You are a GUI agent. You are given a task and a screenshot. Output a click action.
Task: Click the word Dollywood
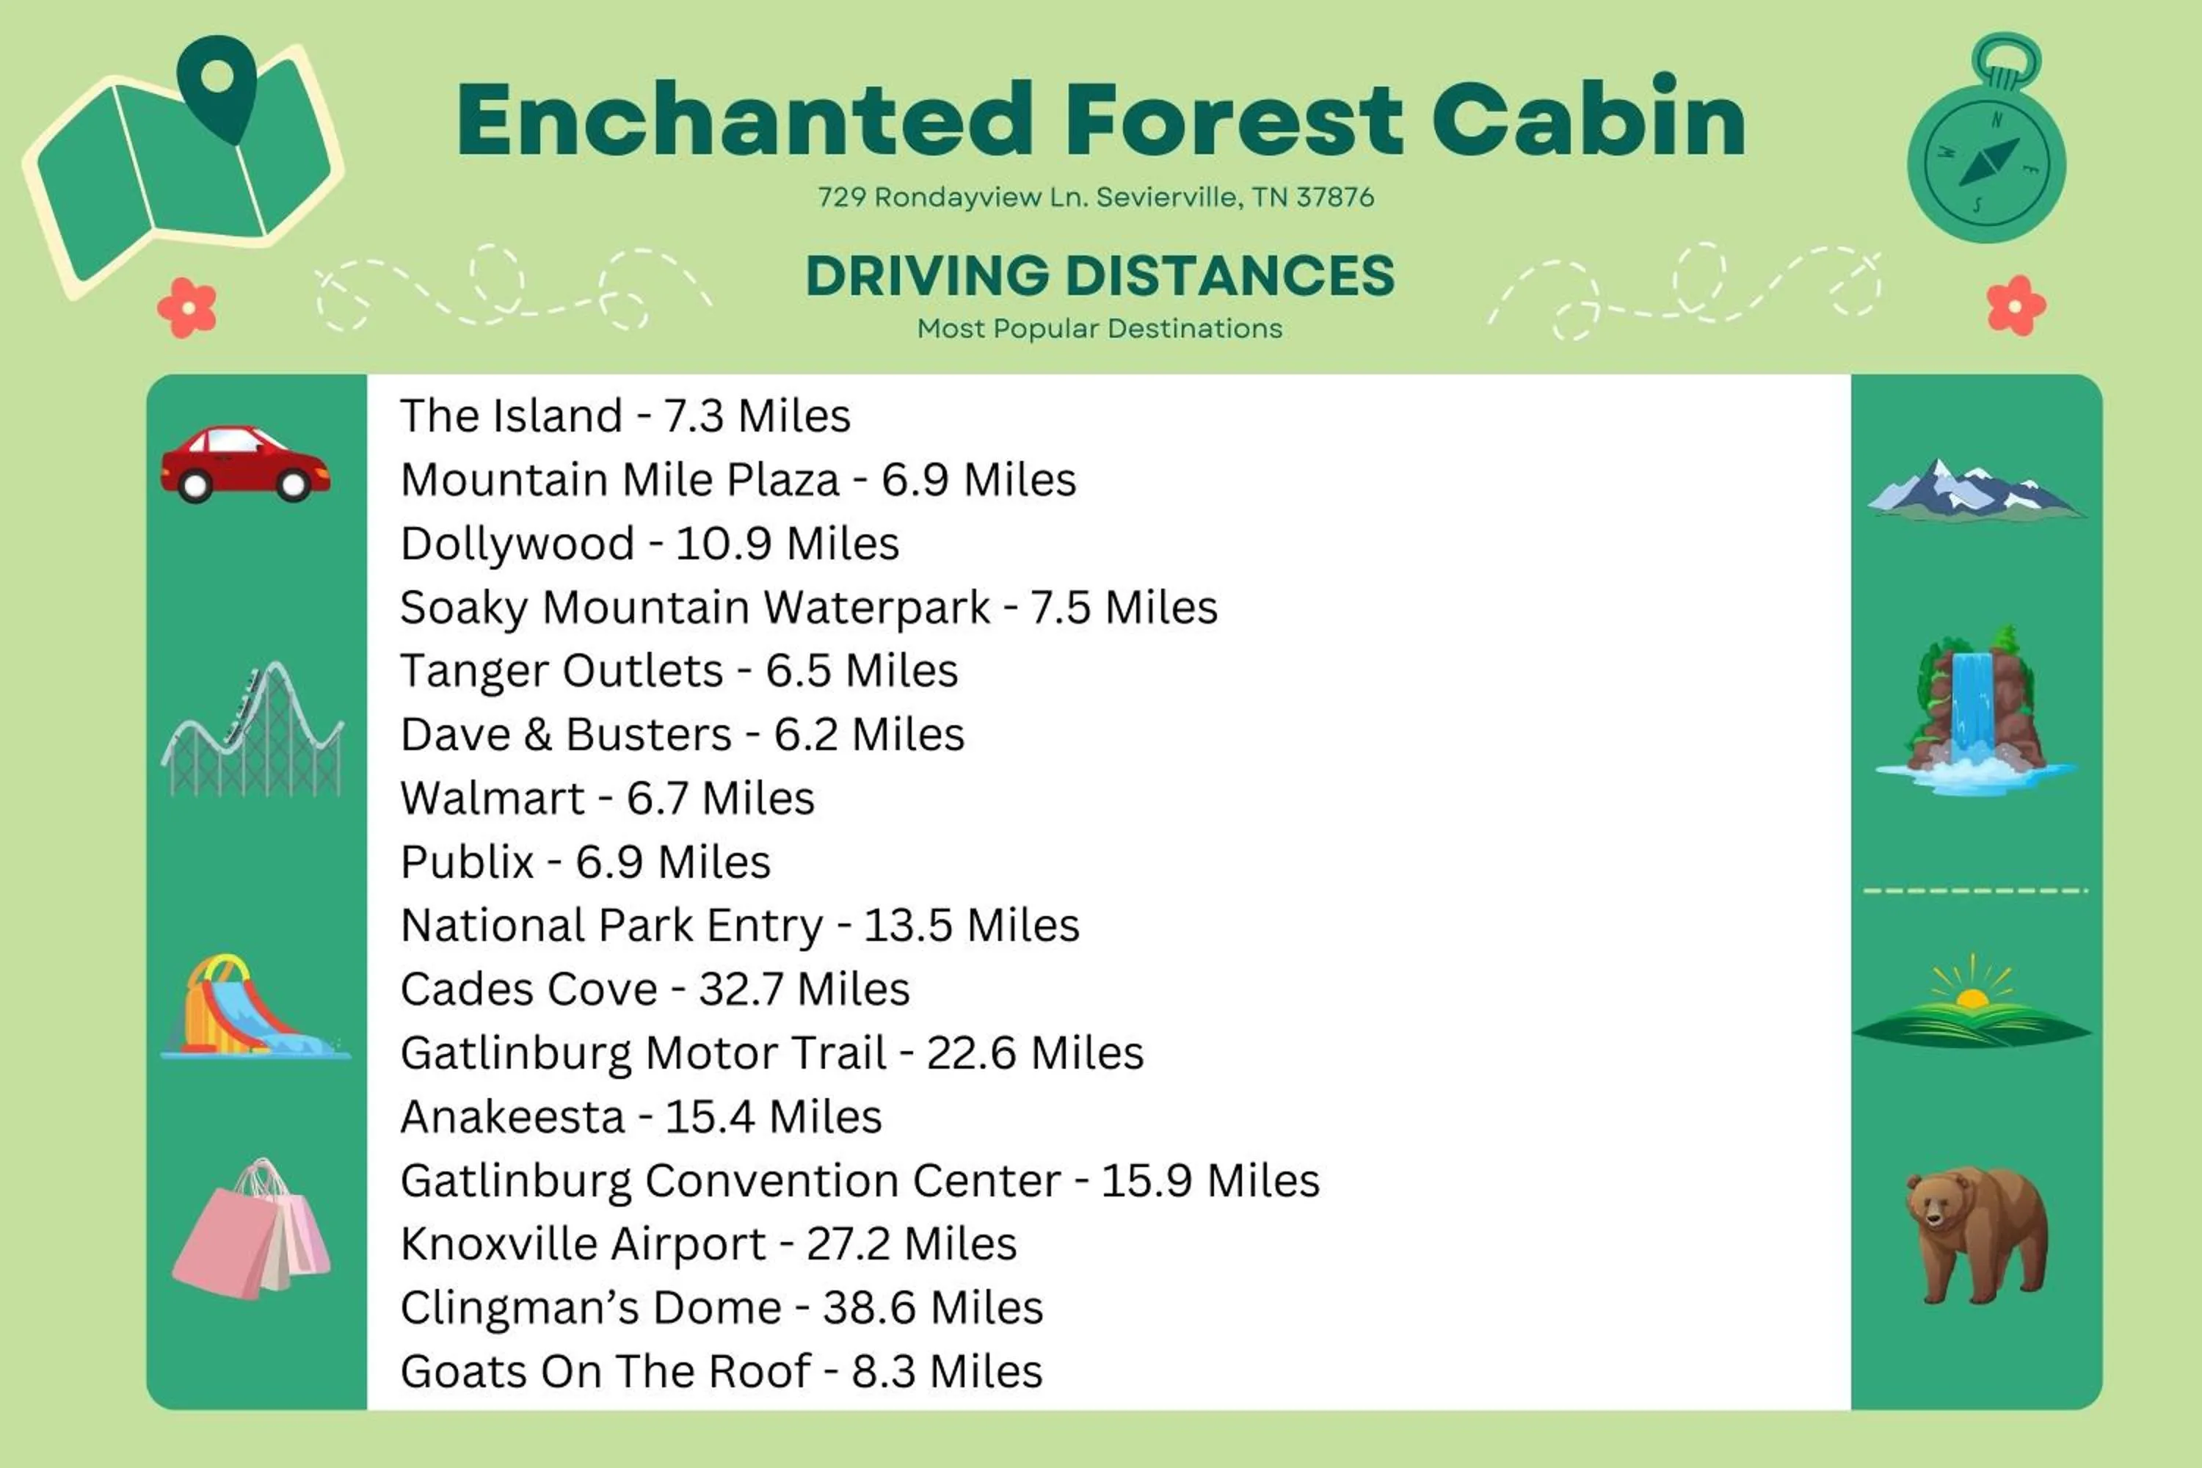pyautogui.click(x=517, y=544)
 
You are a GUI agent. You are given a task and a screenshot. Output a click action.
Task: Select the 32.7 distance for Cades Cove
pyautogui.click(x=740, y=989)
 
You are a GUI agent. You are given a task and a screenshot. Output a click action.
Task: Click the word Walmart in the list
pyautogui.click(x=493, y=799)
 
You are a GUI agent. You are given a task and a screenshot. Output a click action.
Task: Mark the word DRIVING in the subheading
pyautogui.click(x=927, y=276)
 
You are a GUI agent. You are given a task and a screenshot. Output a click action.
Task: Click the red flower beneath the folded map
pyautogui.click(x=187, y=307)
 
